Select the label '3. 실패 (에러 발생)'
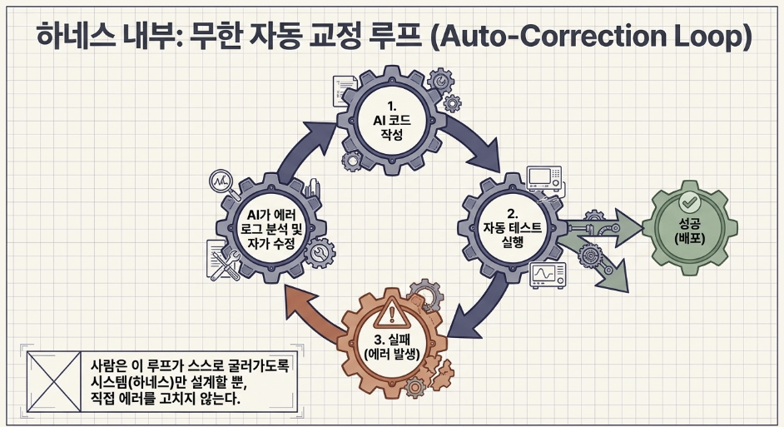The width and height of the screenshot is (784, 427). click(x=392, y=347)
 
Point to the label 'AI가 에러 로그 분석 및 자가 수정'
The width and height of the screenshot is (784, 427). click(x=271, y=229)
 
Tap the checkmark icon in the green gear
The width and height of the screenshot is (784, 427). click(x=689, y=201)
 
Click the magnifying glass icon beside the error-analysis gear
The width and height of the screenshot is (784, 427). click(x=221, y=183)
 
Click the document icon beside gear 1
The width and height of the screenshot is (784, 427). click(x=344, y=91)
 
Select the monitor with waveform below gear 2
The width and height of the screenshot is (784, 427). click(x=548, y=276)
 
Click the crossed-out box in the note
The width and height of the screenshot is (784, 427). click(x=53, y=381)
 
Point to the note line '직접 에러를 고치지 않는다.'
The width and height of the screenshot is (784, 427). click(x=166, y=398)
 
